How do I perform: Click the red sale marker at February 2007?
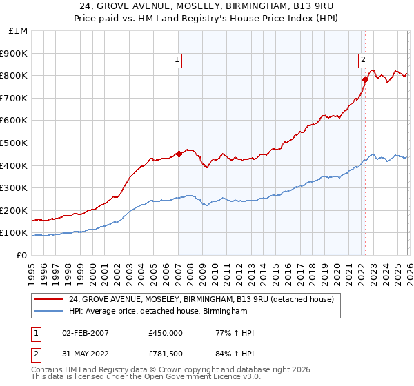[179, 154]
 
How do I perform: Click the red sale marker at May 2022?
[365, 79]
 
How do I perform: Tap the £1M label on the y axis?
[19, 31]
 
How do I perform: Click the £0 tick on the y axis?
[23, 255]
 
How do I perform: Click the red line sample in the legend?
[48, 299]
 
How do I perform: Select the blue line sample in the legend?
[48, 312]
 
